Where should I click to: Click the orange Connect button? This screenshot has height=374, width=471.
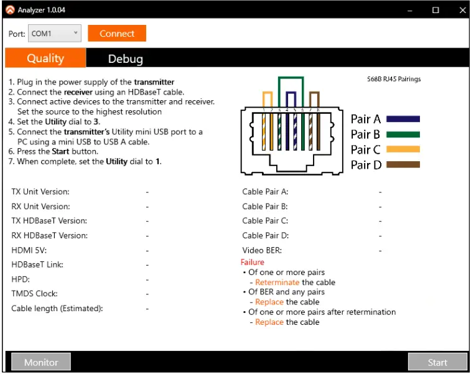[117, 34]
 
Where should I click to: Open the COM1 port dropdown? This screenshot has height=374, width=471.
[54, 34]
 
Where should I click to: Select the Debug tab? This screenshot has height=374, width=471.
[125, 58]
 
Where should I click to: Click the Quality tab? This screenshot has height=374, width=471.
[45, 58]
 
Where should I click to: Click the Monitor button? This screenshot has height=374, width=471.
[41, 362]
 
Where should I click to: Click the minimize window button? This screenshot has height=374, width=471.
[409, 10]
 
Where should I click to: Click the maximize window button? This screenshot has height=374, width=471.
[435, 10]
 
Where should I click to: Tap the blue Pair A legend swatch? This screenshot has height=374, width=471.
[403, 119]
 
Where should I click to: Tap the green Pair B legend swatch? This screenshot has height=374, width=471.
[403, 134]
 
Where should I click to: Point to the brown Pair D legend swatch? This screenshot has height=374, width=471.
[403, 165]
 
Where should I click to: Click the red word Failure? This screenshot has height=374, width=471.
[253, 262]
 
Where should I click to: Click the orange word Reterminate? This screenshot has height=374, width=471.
[277, 282]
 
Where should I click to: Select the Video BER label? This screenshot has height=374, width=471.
[262, 250]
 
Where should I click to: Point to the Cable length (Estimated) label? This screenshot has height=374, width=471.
[57, 309]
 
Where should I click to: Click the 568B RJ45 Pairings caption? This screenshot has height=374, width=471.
[393, 80]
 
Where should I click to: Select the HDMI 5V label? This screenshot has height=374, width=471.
[29, 250]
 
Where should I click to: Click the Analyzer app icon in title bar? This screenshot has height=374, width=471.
[10, 10]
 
